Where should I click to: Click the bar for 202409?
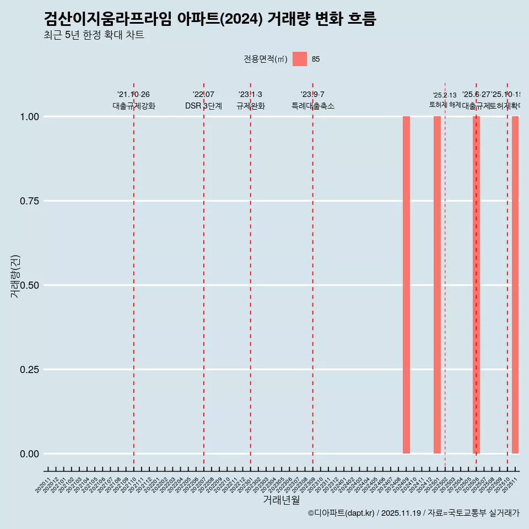click(406, 285)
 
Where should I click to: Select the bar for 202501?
click(437, 285)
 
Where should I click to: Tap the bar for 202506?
click(476, 285)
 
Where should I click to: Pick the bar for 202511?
click(515, 285)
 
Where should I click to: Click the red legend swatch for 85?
click(300, 59)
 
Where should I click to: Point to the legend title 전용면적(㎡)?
click(266, 60)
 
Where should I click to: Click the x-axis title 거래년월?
click(282, 500)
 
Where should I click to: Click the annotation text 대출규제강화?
click(134, 106)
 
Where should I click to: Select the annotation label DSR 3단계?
click(203, 106)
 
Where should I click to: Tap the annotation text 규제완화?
click(251, 106)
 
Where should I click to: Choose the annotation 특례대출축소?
click(313, 106)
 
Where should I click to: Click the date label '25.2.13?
click(445, 95)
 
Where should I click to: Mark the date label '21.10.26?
click(133, 95)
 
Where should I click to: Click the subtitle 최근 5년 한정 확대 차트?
click(94, 35)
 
